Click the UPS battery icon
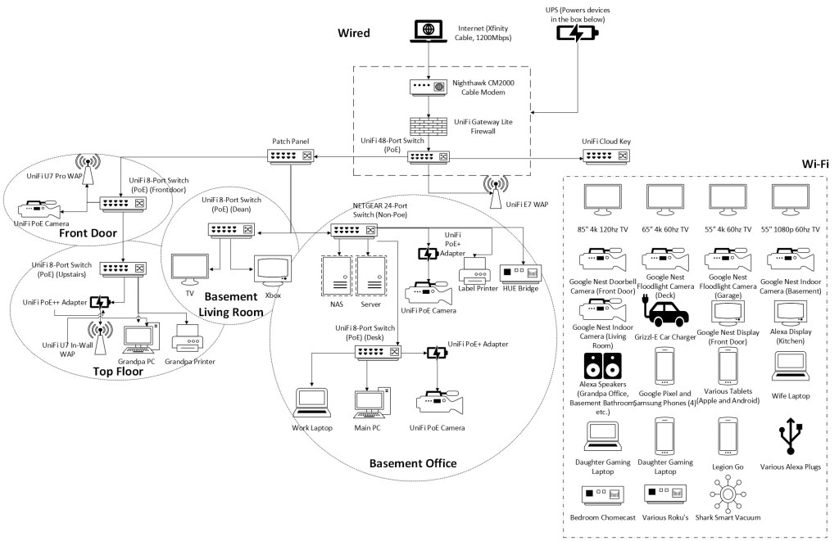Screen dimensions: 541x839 (578, 34)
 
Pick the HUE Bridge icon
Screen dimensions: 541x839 (519, 271)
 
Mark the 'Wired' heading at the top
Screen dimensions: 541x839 (354, 34)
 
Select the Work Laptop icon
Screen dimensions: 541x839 (312, 403)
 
